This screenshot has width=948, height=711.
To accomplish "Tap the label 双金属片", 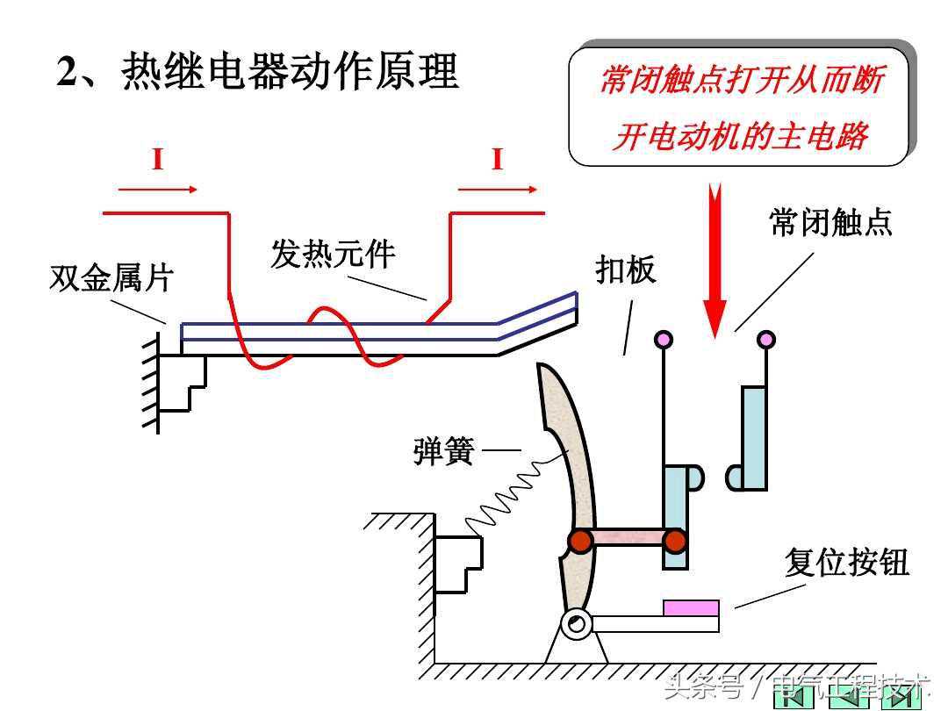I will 111,279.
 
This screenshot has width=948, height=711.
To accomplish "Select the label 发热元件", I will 333,255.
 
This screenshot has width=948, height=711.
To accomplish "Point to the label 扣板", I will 626,269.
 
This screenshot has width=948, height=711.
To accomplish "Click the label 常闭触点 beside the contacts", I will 830,222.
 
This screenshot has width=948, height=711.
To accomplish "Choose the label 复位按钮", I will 846,563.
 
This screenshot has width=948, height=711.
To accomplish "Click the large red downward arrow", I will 715,263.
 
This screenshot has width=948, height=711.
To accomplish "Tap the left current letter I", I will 158,161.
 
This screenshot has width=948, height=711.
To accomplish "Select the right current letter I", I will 497,161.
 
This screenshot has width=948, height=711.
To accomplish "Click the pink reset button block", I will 691,607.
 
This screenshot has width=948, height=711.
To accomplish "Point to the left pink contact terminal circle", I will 664,339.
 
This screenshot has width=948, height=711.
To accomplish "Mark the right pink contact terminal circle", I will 766,339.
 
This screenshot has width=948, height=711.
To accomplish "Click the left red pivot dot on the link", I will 580,541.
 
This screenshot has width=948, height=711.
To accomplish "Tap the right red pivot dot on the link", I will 674,541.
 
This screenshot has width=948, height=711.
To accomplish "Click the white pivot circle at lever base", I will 577,625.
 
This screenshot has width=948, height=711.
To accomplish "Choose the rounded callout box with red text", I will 738,105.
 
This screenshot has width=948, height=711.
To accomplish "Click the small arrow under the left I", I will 158,189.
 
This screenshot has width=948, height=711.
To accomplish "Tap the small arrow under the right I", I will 497,189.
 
